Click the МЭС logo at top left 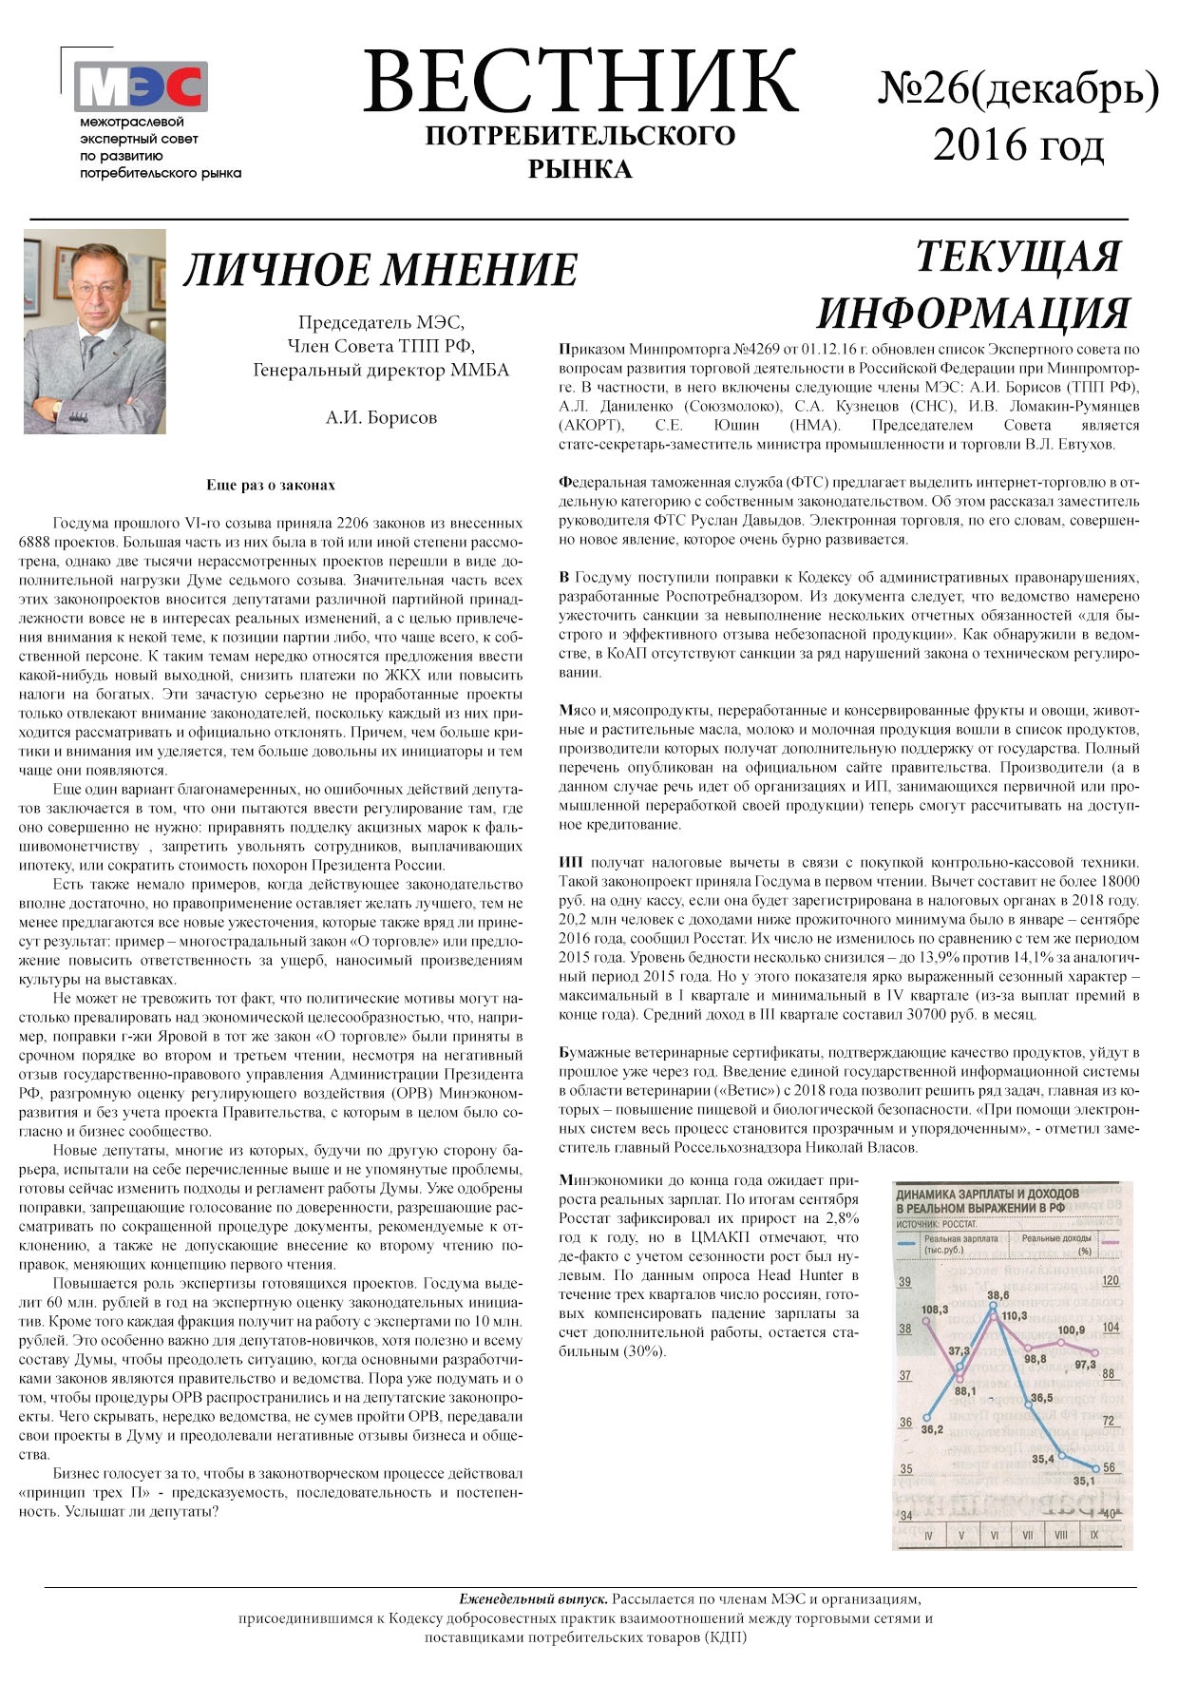pyautogui.click(x=141, y=87)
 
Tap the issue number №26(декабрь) pyautogui.click(x=1017, y=88)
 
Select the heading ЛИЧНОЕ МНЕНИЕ pyautogui.click(x=380, y=270)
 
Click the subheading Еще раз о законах pyautogui.click(x=271, y=485)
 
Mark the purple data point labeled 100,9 pyautogui.click(x=1061, y=1342)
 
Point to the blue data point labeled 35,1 pyautogui.click(x=1094, y=1467)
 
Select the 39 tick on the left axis pyautogui.click(x=904, y=1282)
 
